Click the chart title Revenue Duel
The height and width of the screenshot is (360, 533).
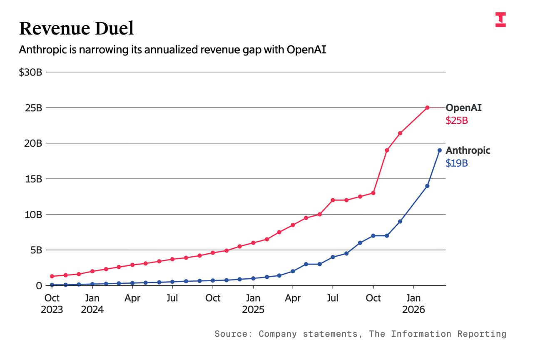coord(77,29)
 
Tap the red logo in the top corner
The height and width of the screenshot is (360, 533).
coord(501,20)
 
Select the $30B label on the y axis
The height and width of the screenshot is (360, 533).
coord(30,72)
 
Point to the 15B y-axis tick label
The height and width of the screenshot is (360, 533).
coord(33,179)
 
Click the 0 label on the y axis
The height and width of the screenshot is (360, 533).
coord(39,286)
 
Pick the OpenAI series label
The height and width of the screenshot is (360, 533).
coord(463,108)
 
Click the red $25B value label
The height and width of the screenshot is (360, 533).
coord(457,121)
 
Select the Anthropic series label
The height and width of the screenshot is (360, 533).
coord(468,150)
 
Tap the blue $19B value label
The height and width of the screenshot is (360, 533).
coord(457,163)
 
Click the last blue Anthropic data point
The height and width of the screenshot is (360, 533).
coord(439,150)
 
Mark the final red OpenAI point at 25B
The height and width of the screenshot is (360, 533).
coord(427,107)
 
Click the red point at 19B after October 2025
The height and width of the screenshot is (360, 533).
coord(387,150)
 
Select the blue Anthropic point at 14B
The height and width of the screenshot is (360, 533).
coord(427,186)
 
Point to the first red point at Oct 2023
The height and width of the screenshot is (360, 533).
coord(52,276)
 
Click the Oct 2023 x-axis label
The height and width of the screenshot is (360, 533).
coord(52,304)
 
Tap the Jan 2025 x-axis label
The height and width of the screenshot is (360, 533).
coord(253,304)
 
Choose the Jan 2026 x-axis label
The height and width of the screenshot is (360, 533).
coord(413,304)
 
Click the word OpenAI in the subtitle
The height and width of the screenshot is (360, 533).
coord(306,50)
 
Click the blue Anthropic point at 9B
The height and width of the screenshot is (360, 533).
coord(400,221)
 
